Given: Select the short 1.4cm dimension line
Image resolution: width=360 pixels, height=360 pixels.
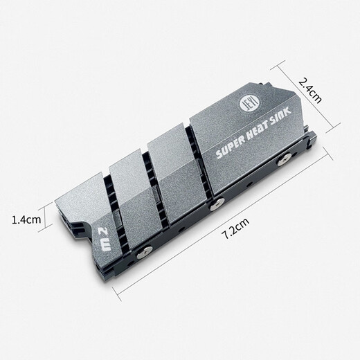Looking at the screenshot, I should [x=54, y=220].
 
